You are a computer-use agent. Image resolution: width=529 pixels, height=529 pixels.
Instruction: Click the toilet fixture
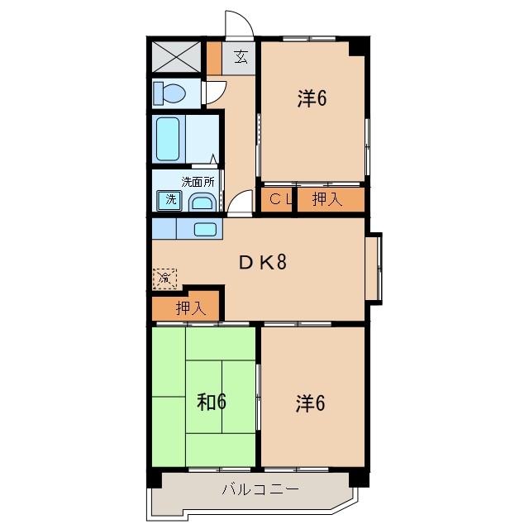click(x=169, y=93)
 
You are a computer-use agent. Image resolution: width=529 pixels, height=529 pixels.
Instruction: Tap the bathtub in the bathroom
click(x=168, y=139)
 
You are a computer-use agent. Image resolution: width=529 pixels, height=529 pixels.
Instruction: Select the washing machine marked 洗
click(x=169, y=200)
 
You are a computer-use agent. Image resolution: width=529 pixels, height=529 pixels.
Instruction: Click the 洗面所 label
click(x=198, y=182)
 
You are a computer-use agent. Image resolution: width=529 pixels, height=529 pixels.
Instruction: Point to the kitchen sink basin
click(x=205, y=230)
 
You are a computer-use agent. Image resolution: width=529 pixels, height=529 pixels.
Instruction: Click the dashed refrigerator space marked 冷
click(x=164, y=279)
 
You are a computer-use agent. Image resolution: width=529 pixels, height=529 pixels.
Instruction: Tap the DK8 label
click(x=263, y=262)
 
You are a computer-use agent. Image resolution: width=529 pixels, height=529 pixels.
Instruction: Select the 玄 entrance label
click(x=241, y=56)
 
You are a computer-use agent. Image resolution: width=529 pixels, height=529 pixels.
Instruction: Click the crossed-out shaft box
click(x=176, y=57)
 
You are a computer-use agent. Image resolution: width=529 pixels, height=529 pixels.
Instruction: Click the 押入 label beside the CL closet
click(x=327, y=198)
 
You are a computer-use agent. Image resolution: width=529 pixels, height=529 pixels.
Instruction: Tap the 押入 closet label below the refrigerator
click(x=191, y=307)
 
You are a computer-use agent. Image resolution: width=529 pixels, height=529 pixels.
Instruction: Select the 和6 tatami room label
click(x=212, y=402)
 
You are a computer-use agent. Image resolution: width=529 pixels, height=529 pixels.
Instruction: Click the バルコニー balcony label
click(x=260, y=489)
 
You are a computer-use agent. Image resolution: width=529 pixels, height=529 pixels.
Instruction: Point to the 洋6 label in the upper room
click(x=312, y=98)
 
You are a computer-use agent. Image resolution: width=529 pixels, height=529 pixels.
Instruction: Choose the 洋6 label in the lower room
click(x=311, y=403)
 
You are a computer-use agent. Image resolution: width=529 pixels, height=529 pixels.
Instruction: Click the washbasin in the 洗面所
click(x=202, y=203)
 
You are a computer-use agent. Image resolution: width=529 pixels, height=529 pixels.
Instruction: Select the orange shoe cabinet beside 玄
click(x=214, y=58)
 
